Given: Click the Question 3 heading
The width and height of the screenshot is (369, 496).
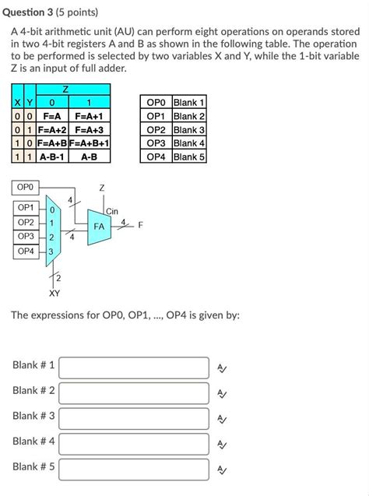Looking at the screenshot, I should tap(47, 13).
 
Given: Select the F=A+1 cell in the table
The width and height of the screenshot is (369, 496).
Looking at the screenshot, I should tap(90, 116).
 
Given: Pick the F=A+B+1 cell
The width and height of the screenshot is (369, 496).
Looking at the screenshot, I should tap(90, 143).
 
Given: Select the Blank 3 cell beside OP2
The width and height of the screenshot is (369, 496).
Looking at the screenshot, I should tap(188, 130).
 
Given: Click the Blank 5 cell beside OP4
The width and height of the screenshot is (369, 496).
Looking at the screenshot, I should tap(188, 157).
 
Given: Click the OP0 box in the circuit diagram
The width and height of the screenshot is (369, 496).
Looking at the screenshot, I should tap(26, 188).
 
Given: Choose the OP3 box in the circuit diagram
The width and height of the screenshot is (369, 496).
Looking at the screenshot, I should tap(26, 236).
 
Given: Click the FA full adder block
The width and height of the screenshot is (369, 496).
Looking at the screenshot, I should tap(99, 226).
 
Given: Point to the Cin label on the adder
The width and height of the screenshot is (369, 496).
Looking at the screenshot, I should tap(112, 211).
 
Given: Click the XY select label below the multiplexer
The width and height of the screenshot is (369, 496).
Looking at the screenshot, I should tap(54, 294).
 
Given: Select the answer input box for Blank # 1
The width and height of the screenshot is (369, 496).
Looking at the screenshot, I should tap(134, 367).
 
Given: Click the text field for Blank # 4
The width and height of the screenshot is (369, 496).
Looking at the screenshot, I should tap(134, 443).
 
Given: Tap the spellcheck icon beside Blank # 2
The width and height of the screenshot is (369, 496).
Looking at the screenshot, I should tap(222, 394).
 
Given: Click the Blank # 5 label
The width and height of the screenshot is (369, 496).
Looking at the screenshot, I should tap(33, 466).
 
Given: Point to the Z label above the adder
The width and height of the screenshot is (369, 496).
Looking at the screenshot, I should tap(101, 188).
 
